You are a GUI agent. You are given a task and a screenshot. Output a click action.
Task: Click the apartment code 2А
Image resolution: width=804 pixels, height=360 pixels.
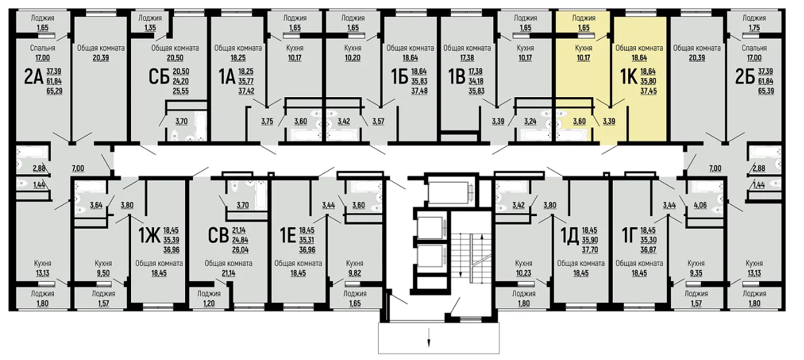tap(34, 76)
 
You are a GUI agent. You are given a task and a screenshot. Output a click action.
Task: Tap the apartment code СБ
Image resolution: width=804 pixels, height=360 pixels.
tap(158, 76)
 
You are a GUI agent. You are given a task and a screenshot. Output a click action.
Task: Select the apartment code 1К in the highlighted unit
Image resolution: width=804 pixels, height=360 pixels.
tap(629, 76)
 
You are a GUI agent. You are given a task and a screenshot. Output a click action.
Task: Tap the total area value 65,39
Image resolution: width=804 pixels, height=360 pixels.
tap(766, 91)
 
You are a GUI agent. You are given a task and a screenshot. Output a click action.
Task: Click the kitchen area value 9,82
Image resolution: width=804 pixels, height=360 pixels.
tap(354, 274)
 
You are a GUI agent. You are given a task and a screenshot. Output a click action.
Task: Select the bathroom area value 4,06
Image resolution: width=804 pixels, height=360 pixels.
tap(700, 206)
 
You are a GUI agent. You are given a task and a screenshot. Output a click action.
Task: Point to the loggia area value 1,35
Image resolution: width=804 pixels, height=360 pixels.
tap(150, 28)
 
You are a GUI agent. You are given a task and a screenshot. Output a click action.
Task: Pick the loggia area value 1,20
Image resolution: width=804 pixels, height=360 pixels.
tap(209, 304)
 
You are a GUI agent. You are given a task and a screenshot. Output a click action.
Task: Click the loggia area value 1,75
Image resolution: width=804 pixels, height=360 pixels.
tap(754, 28)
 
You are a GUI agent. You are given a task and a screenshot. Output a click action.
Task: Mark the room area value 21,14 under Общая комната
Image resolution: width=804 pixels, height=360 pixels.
tap(228, 274)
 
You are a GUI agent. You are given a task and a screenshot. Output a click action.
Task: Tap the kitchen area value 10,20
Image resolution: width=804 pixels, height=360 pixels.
tap(353, 58)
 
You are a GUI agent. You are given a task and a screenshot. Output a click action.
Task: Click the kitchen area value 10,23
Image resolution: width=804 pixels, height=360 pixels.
tap(523, 274)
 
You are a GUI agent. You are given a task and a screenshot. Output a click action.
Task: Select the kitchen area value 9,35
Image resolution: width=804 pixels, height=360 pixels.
tap(696, 274)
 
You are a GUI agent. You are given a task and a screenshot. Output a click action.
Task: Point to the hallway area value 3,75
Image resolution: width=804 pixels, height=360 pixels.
tap(267, 121)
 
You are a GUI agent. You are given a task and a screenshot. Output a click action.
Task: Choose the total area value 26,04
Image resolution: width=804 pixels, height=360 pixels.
tap(240, 250)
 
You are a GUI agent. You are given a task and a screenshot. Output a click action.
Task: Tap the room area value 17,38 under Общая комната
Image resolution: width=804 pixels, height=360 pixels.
tap(467, 58)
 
